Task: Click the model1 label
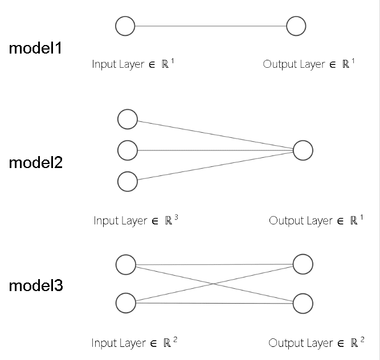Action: click(35, 48)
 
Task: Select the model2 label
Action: click(35, 163)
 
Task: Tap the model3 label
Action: click(35, 285)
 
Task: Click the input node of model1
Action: click(125, 26)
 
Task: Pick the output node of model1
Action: click(296, 26)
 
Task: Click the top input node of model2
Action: click(127, 119)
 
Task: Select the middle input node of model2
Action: click(127, 150)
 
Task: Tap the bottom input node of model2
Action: click(127, 182)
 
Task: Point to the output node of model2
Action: click(303, 150)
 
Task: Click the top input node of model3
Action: click(125, 264)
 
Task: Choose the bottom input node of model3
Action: click(125, 303)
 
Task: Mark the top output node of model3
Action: click(303, 264)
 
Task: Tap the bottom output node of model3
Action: click(303, 303)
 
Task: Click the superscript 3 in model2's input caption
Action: click(176, 217)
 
